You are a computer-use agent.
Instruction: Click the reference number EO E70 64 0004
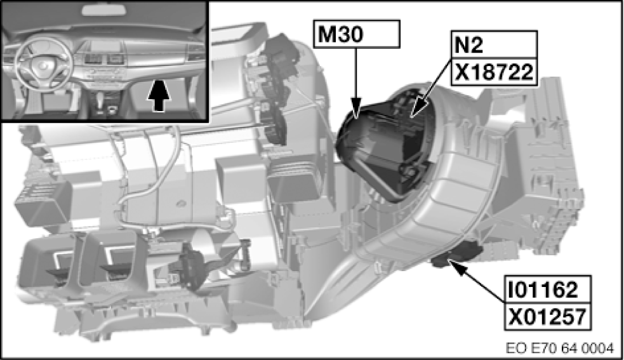(560, 348)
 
